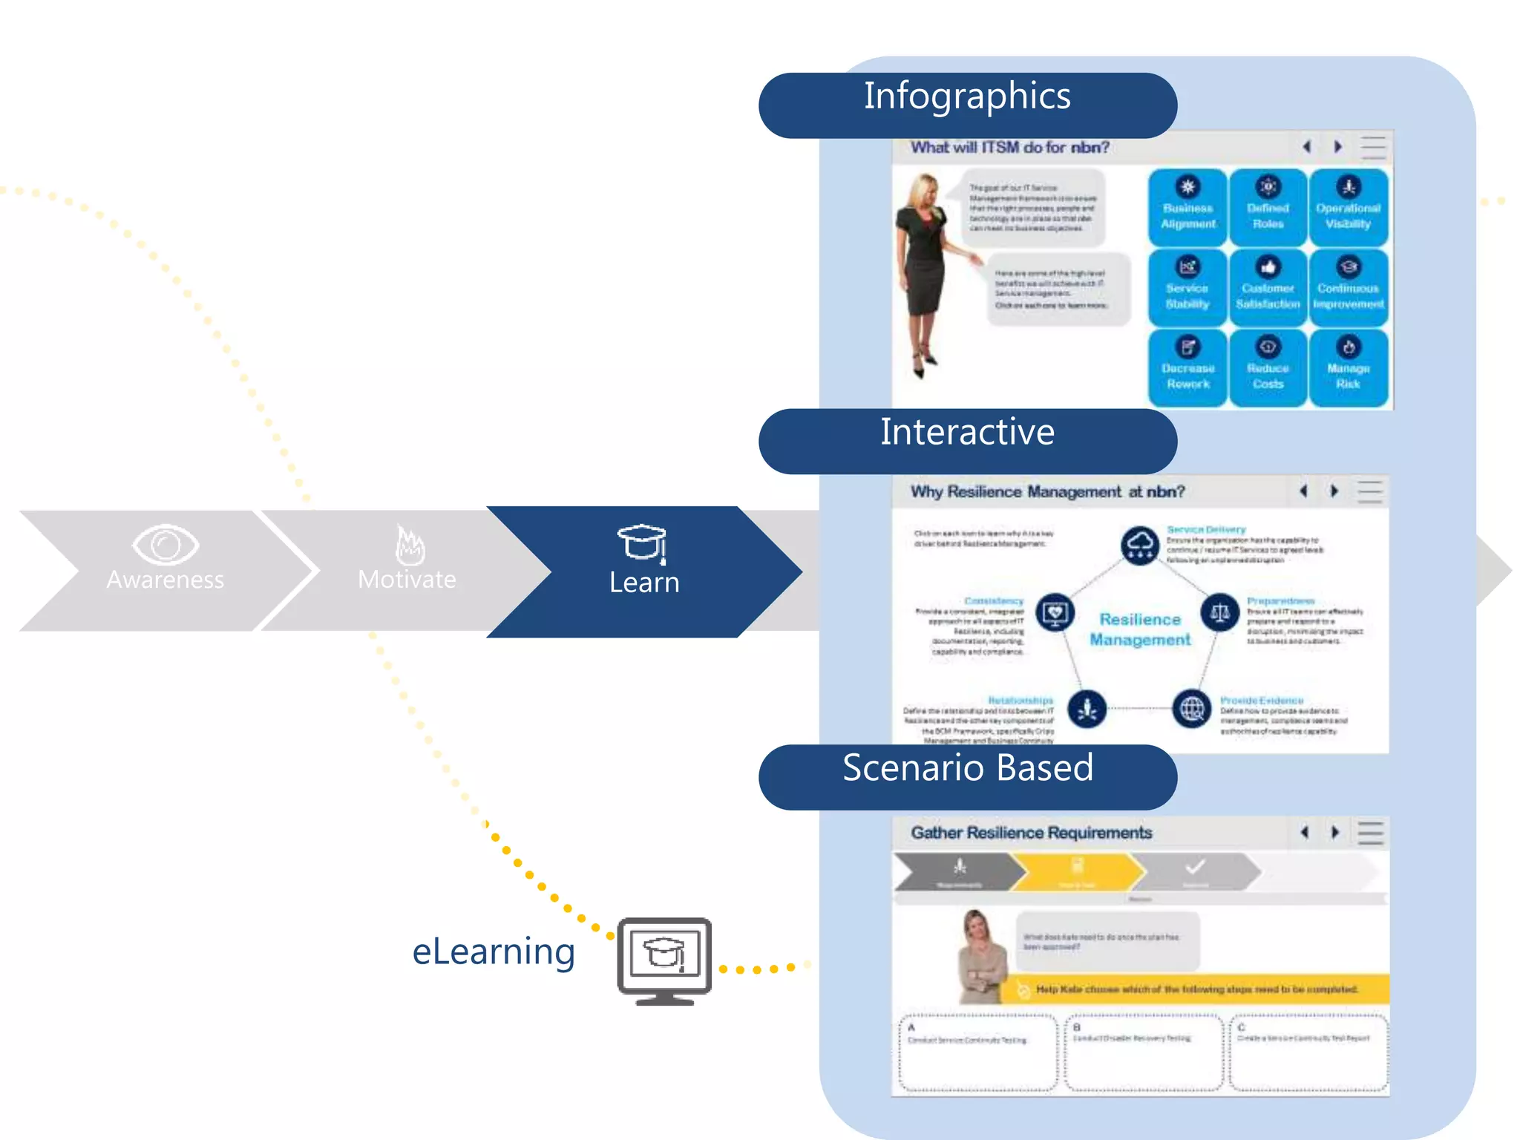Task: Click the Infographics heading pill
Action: tap(967, 104)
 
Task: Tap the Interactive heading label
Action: tap(967, 433)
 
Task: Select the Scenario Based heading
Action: tap(967, 769)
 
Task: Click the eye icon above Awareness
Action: tap(165, 545)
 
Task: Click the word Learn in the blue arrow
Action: tap(644, 583)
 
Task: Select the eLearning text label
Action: tap(494, 952)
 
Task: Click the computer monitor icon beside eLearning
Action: tap(664, 960)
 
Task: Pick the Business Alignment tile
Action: tap(1187, 208)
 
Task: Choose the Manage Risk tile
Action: tap(1348, 368)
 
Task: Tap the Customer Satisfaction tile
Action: tap(1268, 288)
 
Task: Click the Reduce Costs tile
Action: tap(1268, 368)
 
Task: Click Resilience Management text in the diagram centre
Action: tap(1140, 629)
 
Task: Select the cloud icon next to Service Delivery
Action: tap(1140, 546)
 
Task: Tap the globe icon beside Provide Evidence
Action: tap(1192, 709)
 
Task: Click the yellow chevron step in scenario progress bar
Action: tap(1078, 871)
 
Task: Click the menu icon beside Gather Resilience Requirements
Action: tap(1370, 833)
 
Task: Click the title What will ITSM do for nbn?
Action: tap(1009, 148)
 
